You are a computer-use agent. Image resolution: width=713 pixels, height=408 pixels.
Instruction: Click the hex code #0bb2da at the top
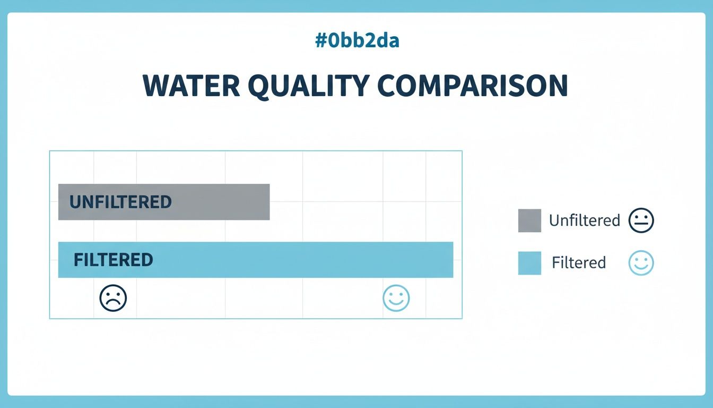(x=356, y=41)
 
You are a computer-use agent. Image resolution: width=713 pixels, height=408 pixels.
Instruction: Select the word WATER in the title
(x=190, y=86)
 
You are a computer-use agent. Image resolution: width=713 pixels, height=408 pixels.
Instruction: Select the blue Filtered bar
(x=297, y=260)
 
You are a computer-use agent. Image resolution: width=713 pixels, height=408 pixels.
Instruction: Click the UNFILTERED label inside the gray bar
(x=120, y=202)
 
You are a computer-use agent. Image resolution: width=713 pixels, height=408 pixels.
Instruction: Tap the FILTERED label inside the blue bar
(x=113, y=260)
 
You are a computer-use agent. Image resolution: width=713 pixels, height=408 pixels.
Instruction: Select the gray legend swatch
(x=529, y=220)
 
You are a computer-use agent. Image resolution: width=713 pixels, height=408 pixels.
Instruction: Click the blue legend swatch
(x=529, y=263)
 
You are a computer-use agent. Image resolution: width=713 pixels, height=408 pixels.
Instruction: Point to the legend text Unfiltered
(x=584, y=220)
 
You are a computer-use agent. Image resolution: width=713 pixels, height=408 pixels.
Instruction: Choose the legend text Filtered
(x=578, y=263)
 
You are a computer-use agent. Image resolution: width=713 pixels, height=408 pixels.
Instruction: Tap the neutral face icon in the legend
(x=641, y=220)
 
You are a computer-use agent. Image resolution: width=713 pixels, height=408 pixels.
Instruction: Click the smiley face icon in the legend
(x=641, y=263)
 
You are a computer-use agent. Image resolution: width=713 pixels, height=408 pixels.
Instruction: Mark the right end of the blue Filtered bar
(x=452, y=260)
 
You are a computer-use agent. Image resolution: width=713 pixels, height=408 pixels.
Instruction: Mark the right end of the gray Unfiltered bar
(x=268, y=202)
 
